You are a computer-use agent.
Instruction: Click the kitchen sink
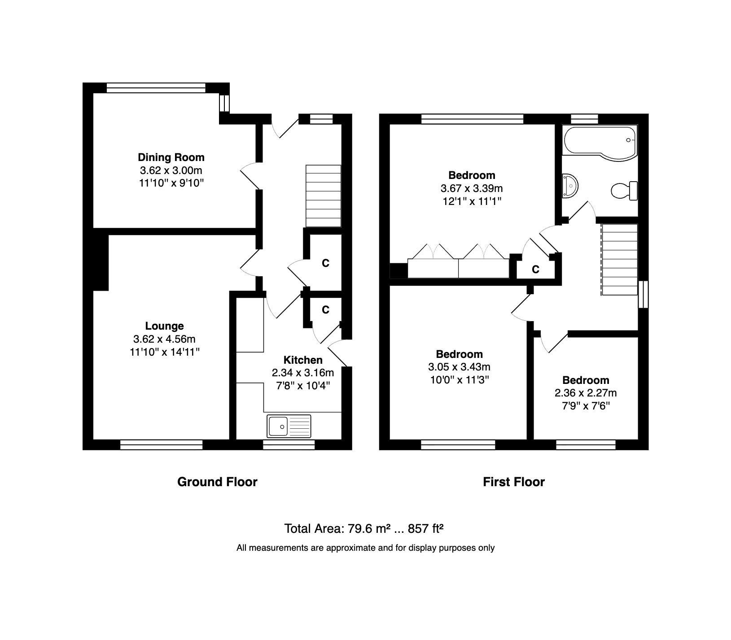tap(289, 426)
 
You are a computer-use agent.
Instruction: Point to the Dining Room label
tap(171, 157)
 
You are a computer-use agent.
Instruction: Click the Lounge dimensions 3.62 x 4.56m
tap(164, 339)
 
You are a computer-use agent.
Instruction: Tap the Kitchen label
tap(303, 360)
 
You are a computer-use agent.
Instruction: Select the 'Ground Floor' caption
tap(217, 482)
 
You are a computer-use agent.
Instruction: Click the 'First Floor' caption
tap(513, 482)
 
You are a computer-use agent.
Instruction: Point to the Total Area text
tap(364, 528)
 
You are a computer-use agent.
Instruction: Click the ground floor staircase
tap(323, 196)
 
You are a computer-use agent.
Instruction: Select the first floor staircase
tap(619, 259)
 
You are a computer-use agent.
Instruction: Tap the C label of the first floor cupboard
tap(535, 270)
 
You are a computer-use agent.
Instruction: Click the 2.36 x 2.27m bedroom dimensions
tap(586, 393)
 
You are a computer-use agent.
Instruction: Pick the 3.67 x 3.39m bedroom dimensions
tap(472, 188)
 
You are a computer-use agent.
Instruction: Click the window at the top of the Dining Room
tap(156, 88)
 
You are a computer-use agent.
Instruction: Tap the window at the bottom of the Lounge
tap(161, 444)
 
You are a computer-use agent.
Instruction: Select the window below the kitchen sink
tap(289, 444)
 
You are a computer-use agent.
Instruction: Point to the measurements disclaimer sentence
tap(365, 548)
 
